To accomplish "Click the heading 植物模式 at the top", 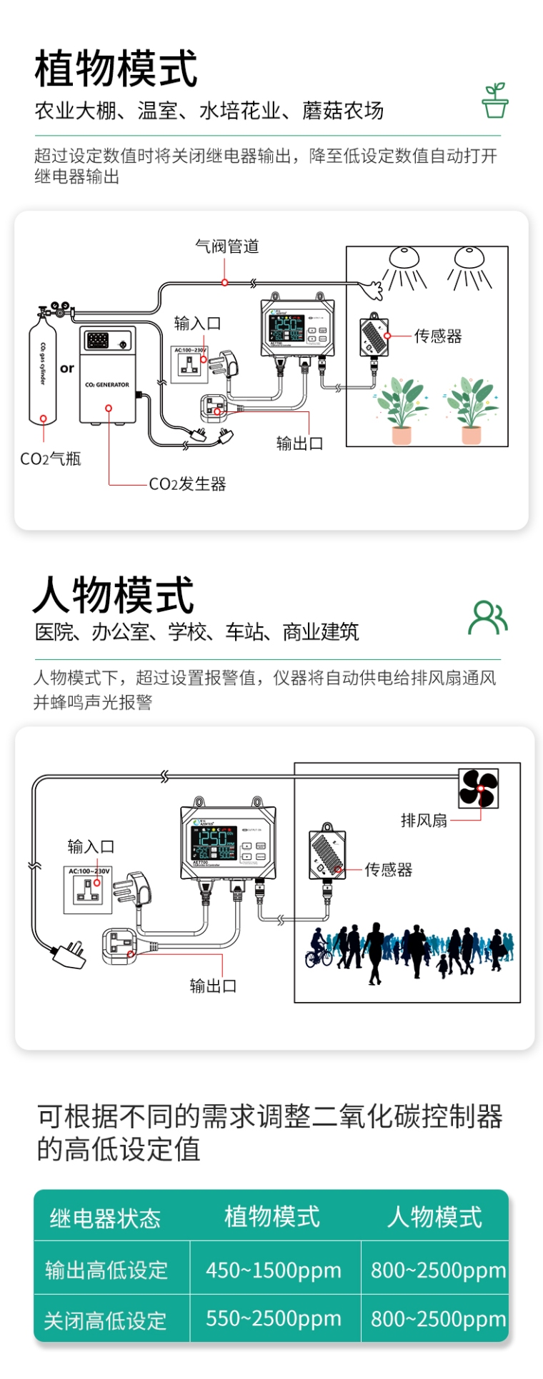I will [x=116, y=69].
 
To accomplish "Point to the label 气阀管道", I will [x=227, y=246].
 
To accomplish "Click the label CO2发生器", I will [x=187, y=484].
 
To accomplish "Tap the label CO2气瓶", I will [x=50, y=458].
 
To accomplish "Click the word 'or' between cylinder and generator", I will [x=67, y=368].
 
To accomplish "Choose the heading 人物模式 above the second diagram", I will [x=114, y=595].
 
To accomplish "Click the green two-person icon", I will [x=488, y=618].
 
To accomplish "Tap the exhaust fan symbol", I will [x=478, y=788].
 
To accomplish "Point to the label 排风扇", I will [x=424, y=821].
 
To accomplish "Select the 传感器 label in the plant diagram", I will [x=438, y=336].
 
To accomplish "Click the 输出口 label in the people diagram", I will [x=213, y=986].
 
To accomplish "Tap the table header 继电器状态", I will [x=105, y=1218].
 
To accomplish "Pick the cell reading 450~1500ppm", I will [x=274, y=1270].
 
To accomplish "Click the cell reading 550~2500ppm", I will [x=274, y=1318].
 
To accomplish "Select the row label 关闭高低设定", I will [x=105, y=1320].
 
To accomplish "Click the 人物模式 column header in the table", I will [x=434, y=1216].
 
